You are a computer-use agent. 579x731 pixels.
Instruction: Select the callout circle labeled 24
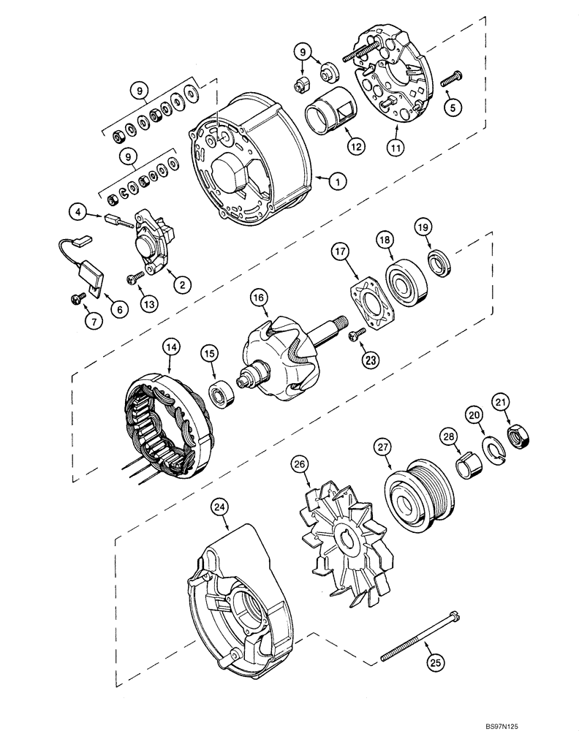(218, 507)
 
